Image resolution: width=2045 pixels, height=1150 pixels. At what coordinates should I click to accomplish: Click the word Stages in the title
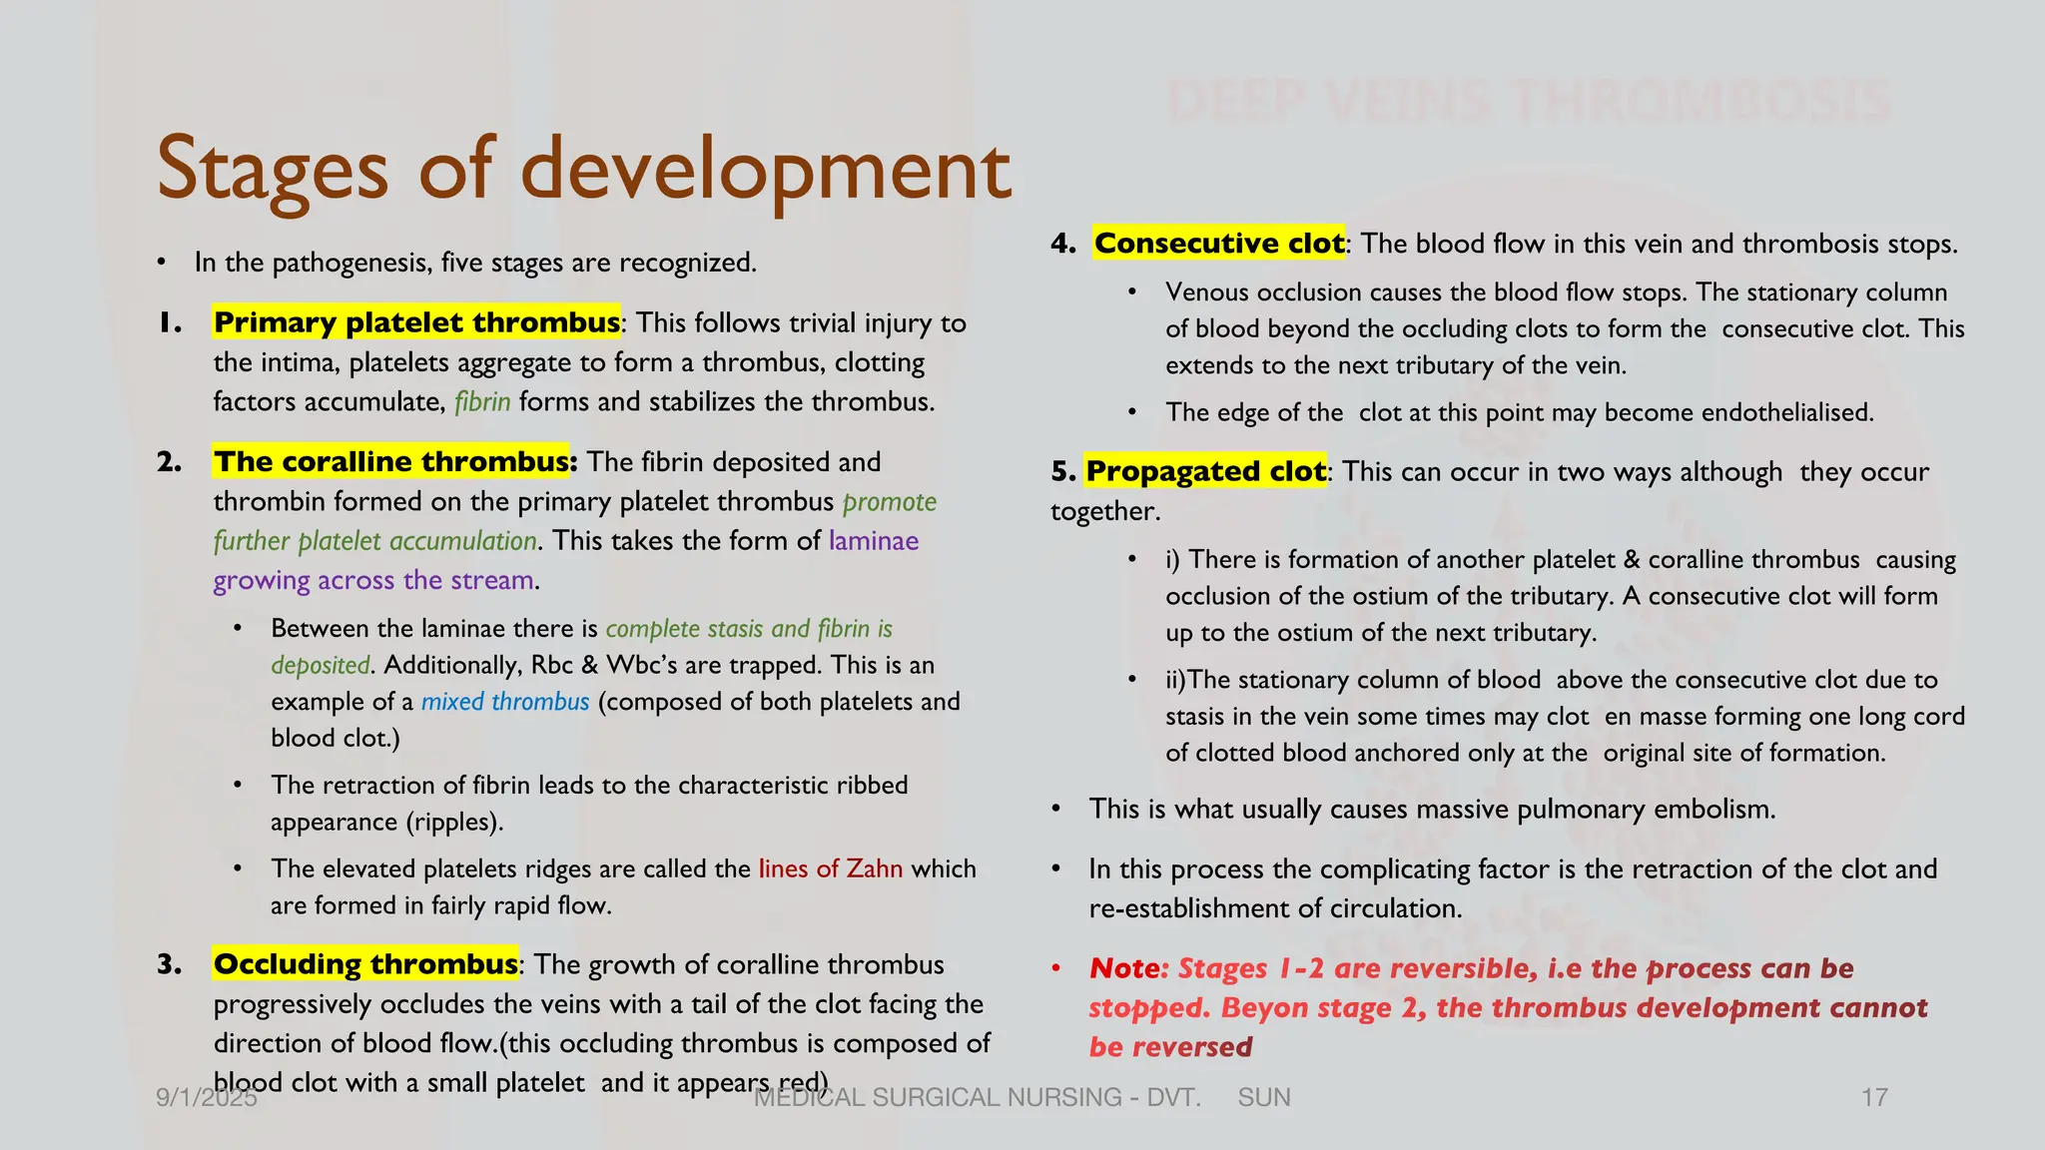tap(272, 170)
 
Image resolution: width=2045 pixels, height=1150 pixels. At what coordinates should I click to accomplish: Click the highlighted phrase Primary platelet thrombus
tap(416, 322)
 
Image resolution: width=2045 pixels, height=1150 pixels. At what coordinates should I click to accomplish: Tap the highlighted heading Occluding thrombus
tap(365, 964)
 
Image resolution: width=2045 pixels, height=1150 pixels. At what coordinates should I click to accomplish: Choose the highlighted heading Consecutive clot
tap(1218, 244)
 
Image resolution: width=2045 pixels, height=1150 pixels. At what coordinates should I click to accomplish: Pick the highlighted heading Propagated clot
tap(1205, 471)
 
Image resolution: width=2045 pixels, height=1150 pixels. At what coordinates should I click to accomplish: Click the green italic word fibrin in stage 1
tap(482, 402)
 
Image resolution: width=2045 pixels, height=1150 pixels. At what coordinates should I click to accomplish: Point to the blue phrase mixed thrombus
tap(505, 702)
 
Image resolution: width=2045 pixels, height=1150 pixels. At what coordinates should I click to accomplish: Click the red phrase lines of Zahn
tap(830, 868)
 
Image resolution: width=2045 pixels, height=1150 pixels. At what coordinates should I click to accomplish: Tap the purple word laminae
tap(874, 541)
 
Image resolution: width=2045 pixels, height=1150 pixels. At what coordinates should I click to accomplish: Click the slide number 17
tap(1874, 1098)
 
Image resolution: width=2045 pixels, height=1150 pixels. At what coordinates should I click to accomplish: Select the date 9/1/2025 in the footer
tap(207, 1098)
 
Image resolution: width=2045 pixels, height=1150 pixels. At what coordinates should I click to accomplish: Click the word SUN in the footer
tap(1263, 1098)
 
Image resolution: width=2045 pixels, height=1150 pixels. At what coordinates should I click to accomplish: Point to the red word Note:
tap(1128, 968)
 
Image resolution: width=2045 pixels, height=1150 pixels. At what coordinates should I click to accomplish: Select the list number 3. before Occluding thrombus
tap(170, 964)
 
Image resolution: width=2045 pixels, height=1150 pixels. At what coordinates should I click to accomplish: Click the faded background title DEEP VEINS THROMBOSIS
tap(1528, 102)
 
